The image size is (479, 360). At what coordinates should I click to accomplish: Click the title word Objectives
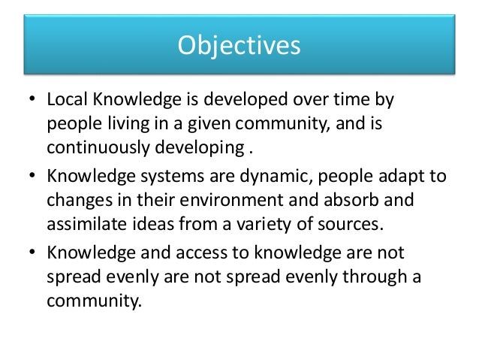[x=239, y=46]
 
